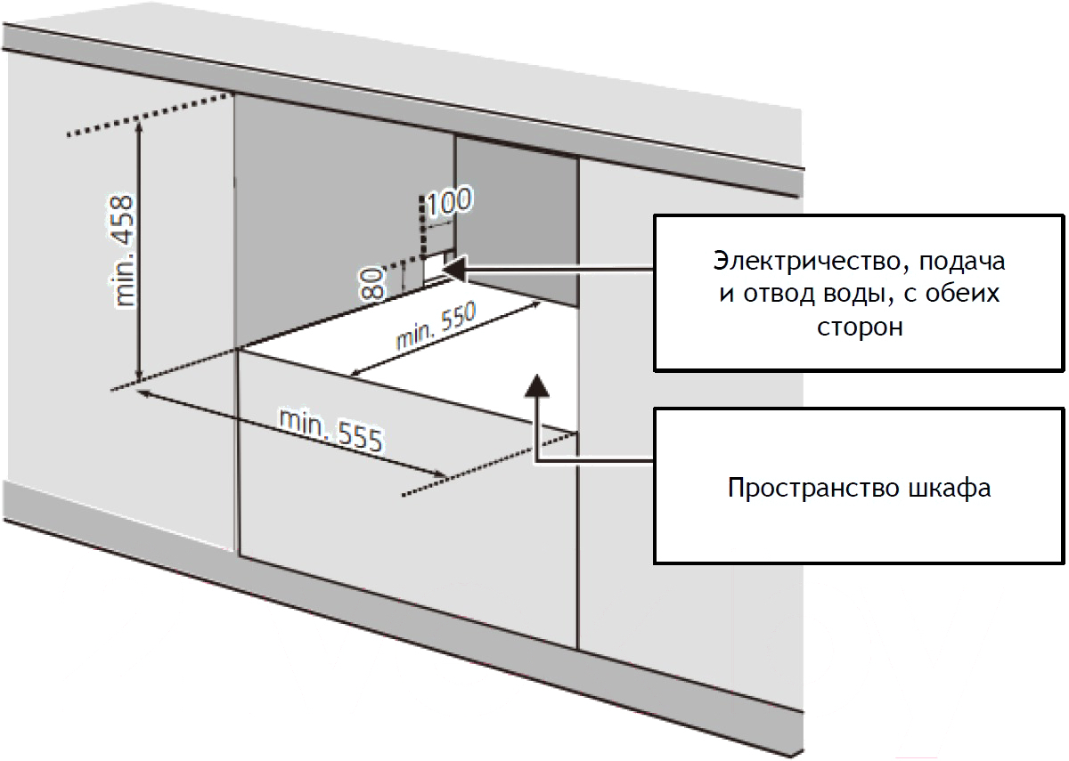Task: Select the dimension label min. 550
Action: click(x=436, y=325)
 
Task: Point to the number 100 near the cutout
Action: click(x=449, y=201)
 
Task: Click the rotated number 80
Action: click(x=372, y=283)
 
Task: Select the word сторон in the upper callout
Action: click(x=860, y=328)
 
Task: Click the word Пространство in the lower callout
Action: click(x=812, y=489)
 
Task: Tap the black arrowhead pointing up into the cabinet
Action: click(x=537, y=386)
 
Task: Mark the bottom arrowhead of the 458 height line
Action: click(x=139, y=376)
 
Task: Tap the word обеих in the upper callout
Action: click(x=962, y=294)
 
